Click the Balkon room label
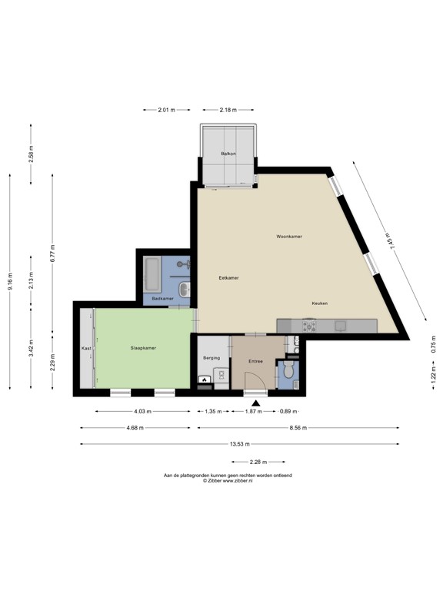(x=228, y=154)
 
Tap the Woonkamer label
(x=289, y=237)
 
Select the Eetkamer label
(x=228, y=278)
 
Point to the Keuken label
(x=319, y=303)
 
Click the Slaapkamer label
(x=143, y=348)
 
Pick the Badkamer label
(x=163, y=299)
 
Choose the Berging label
(x=212, y=358)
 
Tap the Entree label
(x=255, y=361)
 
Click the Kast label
(x=86, y=349)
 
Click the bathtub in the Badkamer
(x=152, y=274)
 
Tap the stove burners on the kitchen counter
(x=309, y=326)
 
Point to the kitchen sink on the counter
(x=341, y=326)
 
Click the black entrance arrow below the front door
(x=256, y=403)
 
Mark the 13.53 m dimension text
(x=240, y=444)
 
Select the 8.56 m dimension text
(x=298, y=428)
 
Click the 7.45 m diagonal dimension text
(x=391, y=239)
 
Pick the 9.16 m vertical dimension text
(x=10, y=281)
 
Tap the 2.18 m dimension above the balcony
(x=228, y=110)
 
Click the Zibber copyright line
(x=228, y=480)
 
